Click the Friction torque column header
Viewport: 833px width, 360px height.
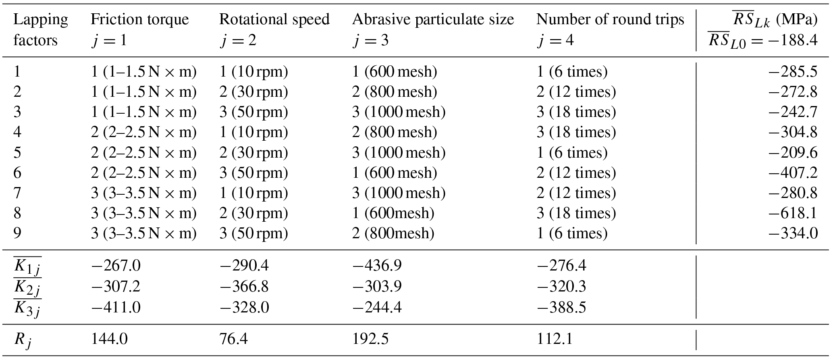pos(139,19)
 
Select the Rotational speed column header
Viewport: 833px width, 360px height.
pos(274,19)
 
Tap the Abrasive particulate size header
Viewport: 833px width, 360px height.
pos(433,19)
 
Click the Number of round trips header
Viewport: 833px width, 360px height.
pos(610,19)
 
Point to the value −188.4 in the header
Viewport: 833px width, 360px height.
pos(792,40)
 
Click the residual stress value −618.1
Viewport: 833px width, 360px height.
pos(793,213)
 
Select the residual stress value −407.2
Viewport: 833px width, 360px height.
pos(793,173)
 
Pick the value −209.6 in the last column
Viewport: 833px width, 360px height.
pos(793,152)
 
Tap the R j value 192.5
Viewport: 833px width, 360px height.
pos(370,339)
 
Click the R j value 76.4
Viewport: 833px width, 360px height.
pos(233,339)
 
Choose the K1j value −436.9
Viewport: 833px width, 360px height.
pos(377,265)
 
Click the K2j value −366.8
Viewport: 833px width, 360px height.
pos(244,286)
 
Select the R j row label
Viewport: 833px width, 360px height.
pos(23,340)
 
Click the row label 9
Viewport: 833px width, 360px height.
pos(17,233)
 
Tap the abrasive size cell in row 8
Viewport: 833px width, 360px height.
pos(393,213)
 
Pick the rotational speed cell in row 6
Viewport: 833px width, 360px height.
pos(253,173)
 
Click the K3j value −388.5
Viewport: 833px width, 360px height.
pos(561,307)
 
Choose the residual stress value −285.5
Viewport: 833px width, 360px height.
pos(793,72)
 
